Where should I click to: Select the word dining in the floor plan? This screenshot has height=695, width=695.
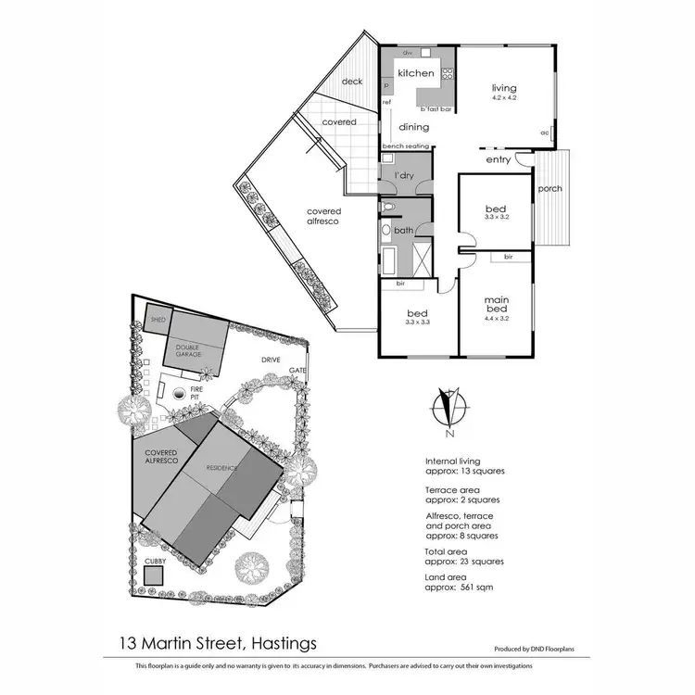(413, 128)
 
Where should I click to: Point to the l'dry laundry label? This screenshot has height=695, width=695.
(403, 175)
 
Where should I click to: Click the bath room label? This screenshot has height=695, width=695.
(403, 230)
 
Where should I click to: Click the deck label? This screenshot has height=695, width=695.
(352, 82)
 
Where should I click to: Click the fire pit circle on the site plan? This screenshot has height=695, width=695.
(178, 395)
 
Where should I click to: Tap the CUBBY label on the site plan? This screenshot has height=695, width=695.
(154, 561)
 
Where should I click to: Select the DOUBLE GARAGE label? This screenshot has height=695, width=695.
(195, 350)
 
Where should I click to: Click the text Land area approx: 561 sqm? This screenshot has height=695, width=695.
(455, 581)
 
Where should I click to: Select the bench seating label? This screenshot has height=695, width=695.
(404, 147)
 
